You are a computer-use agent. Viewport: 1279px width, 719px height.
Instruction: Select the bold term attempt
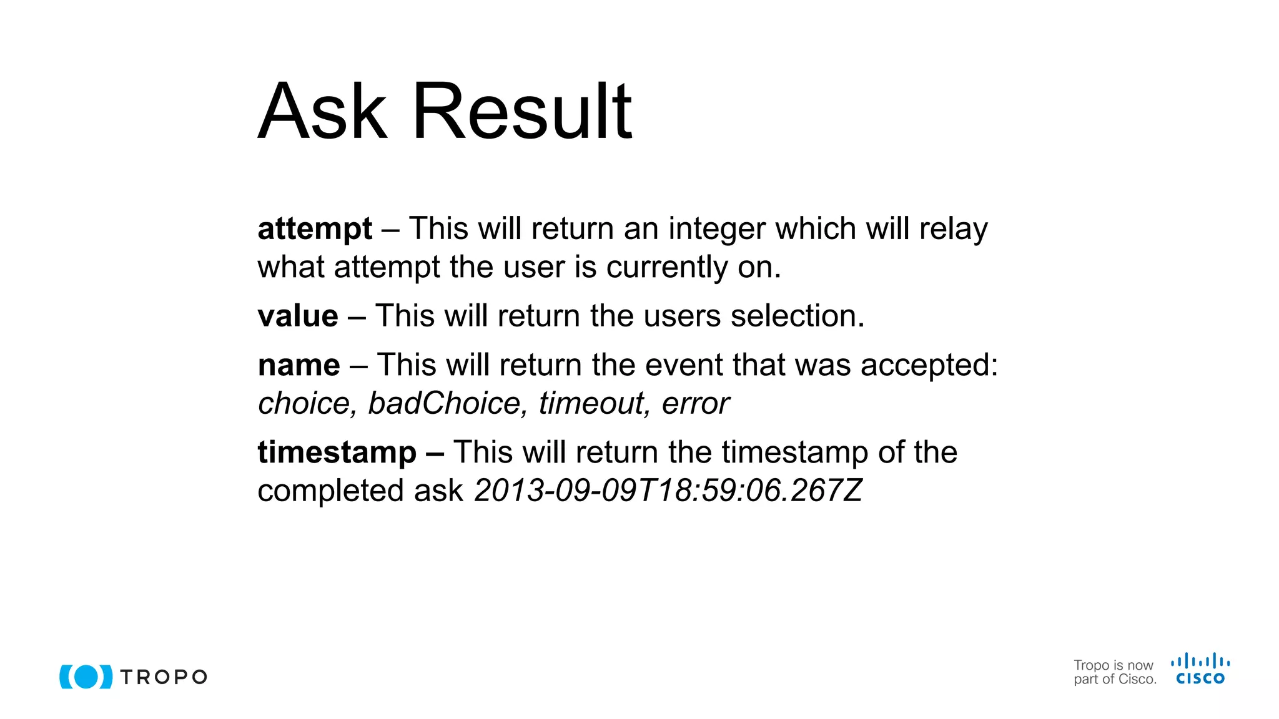pos(315,229)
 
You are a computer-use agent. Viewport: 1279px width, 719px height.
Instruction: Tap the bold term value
pos(298,316)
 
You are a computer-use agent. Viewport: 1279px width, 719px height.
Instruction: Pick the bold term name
pos(299,365)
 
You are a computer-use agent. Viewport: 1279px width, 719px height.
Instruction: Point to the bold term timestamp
pos(337,452)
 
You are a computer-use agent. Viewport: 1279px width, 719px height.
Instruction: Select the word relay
pos(953,229)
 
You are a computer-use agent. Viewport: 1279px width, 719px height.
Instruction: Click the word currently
pos(666,267)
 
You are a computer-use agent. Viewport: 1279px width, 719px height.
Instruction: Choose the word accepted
pos(929,365)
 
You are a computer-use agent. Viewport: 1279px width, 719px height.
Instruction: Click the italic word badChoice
pos(444,403)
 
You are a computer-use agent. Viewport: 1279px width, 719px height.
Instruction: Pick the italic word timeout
pos(591,403)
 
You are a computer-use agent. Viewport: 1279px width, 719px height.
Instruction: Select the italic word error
pos(695,403)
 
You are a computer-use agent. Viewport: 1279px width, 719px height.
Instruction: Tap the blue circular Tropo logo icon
pos(86,677)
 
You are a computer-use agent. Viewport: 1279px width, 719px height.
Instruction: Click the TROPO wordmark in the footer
pos(164,677)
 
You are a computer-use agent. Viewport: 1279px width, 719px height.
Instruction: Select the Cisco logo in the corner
pos(1200,669)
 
